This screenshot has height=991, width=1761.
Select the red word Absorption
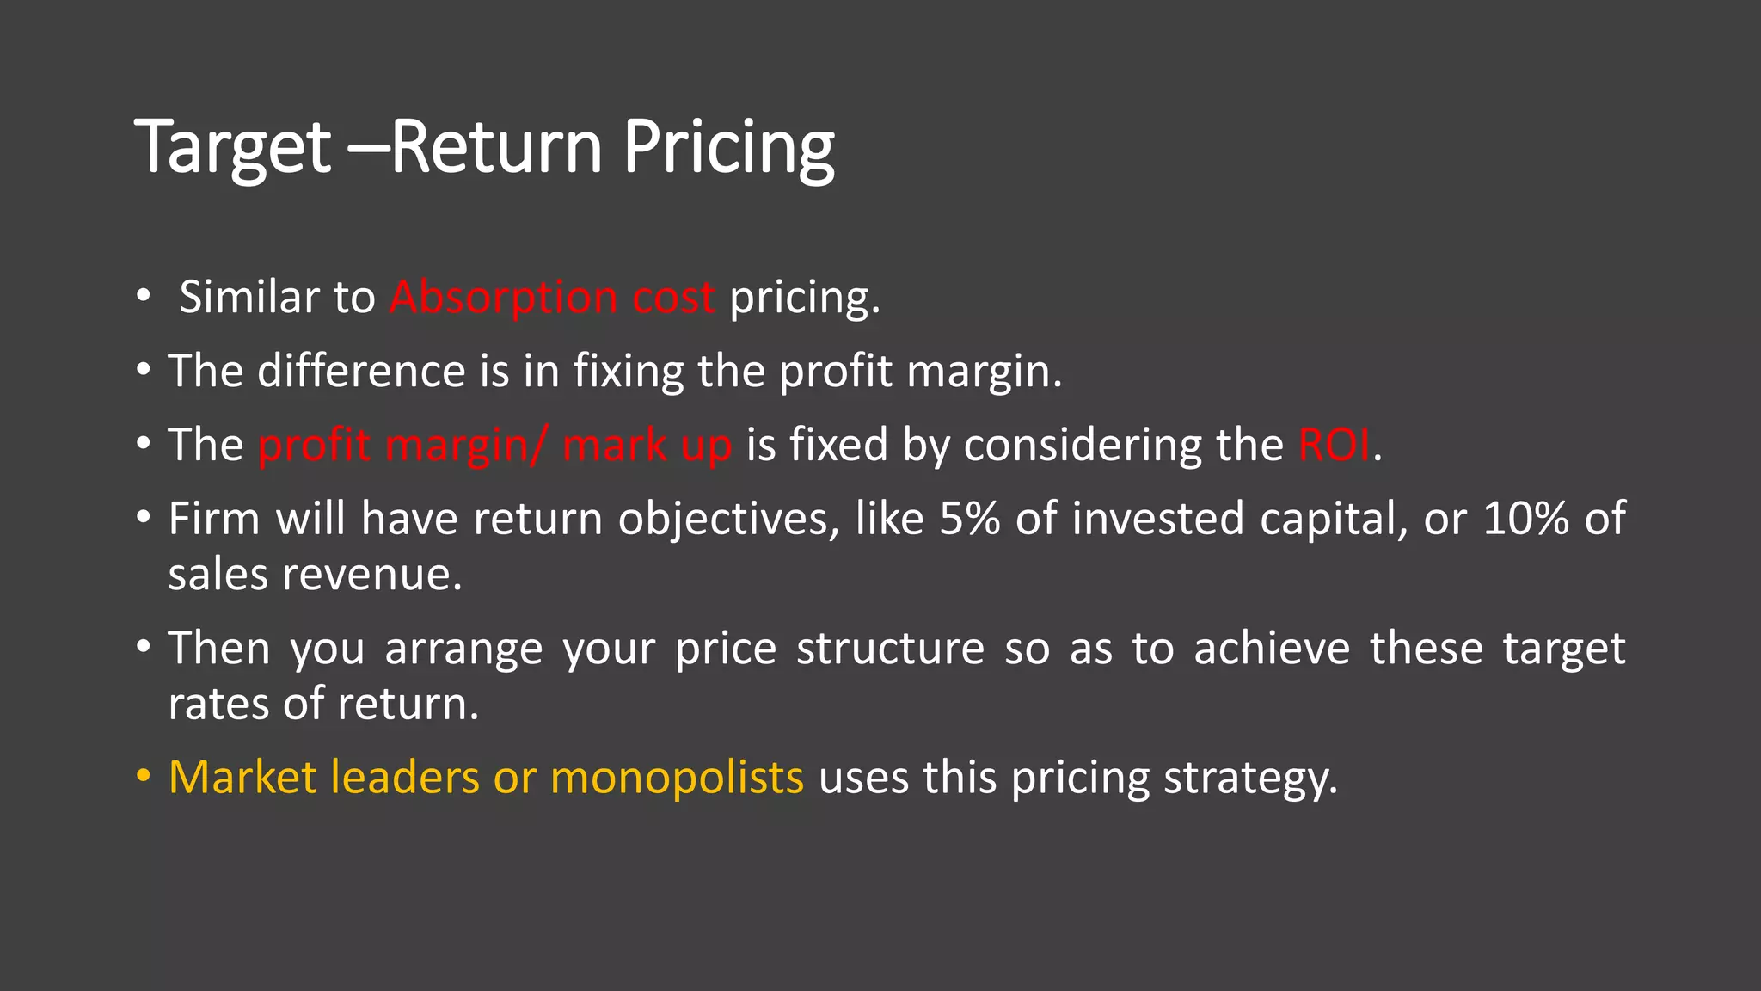point(503,298)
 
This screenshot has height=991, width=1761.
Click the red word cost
point(673,298)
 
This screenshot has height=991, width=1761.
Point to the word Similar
point(249,298)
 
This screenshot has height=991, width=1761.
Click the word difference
point(361,372)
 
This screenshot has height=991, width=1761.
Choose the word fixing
point(629,372)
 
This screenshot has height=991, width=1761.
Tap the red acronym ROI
point(1334,446)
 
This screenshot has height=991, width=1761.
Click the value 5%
point(969,519)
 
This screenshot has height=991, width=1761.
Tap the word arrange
point(463,649)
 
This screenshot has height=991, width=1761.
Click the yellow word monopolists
point(677,778)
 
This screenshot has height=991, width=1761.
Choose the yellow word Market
point(242,778)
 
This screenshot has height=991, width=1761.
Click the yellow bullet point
point(143,776)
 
